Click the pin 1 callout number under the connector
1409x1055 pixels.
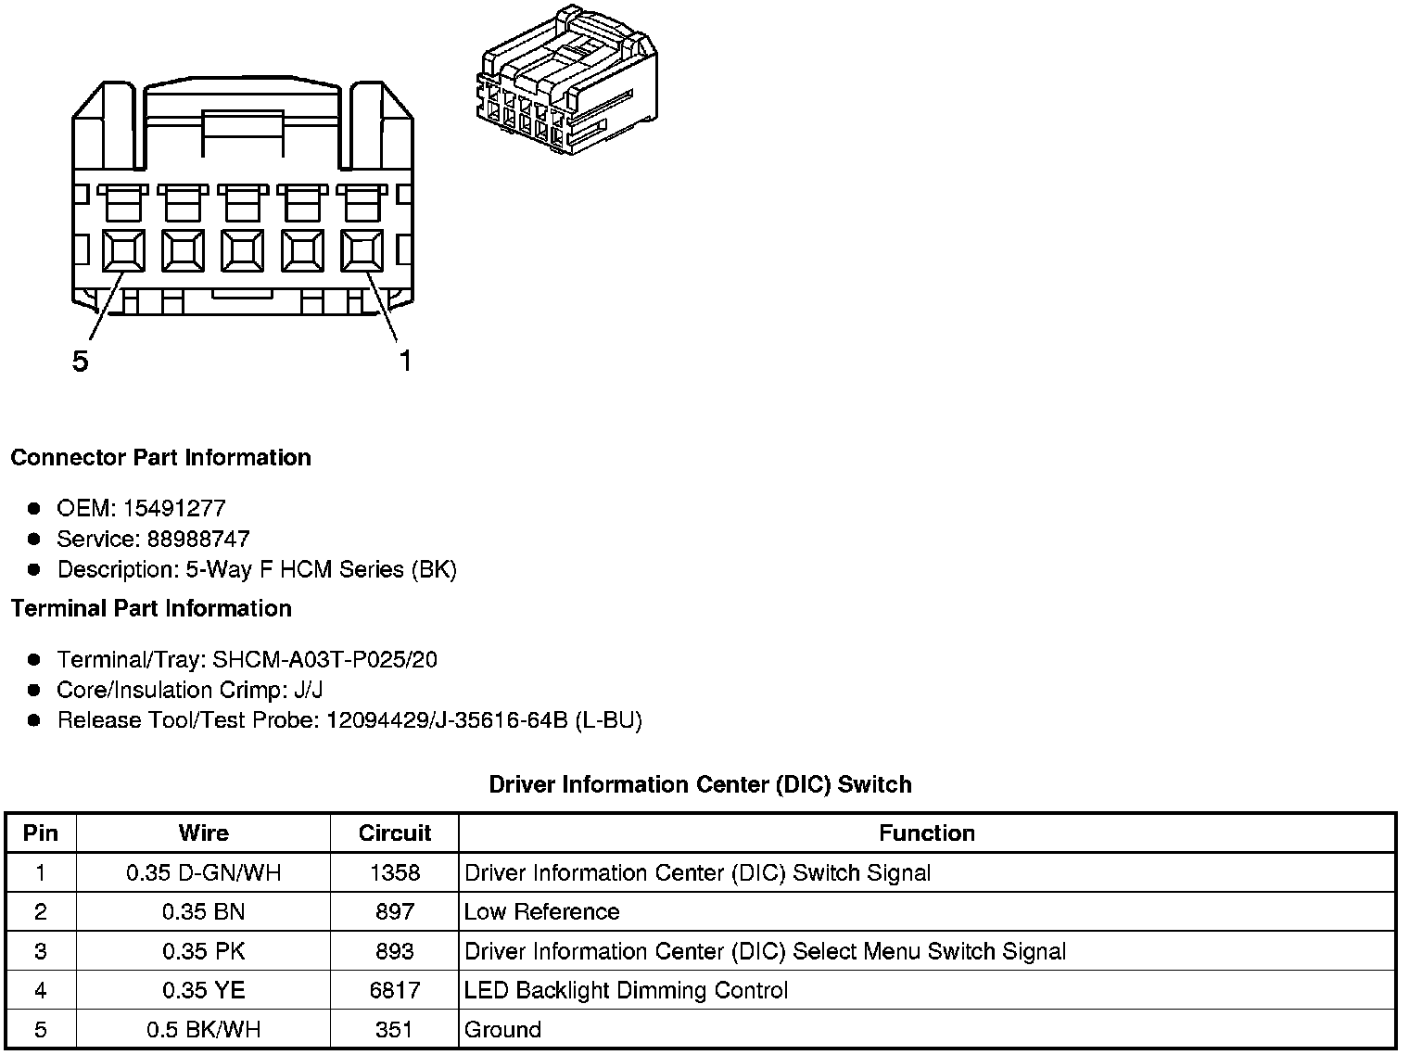(x=405, y=361)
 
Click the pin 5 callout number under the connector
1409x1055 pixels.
(x=81, y=362)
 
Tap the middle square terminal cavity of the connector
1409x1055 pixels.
(x=243, y=250)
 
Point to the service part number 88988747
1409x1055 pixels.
(x=198, y=539)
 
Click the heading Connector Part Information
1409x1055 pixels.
(x=160, y=458)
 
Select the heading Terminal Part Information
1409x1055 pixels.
(x=151, y=609)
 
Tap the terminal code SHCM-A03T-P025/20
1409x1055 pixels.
(x=324, y=660)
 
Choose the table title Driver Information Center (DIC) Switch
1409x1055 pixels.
(x=700, y=784)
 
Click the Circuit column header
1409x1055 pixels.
(x=395, y=833)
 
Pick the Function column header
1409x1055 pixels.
(x=927, y=833)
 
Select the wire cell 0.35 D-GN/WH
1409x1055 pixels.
(x=204, y=872)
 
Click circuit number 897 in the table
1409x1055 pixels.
(x=395, y=912)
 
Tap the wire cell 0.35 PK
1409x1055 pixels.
(x=204, y=951)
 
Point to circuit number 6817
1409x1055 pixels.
(x=395, y=990)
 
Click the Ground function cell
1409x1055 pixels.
(x=503, y=1030)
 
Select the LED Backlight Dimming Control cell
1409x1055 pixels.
(x=626, y=990)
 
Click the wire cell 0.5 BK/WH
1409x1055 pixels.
(x=204, y=1030)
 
